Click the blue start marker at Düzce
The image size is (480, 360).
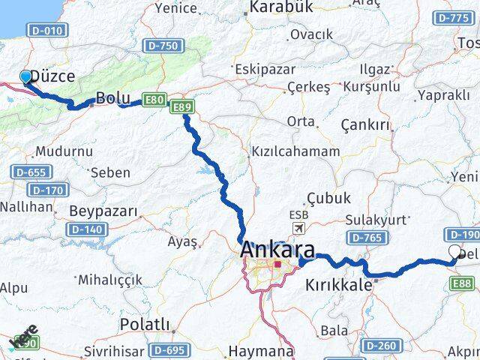pos(25,76)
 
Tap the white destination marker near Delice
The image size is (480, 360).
pos(455,253)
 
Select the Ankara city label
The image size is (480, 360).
pos(277,251)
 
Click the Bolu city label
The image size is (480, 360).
pos(114,98)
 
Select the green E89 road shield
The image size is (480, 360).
pos(183,109)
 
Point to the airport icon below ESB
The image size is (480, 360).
pos(299,228)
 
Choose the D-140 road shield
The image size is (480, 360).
pos(85,229)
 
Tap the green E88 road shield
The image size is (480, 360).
pos(463,283)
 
